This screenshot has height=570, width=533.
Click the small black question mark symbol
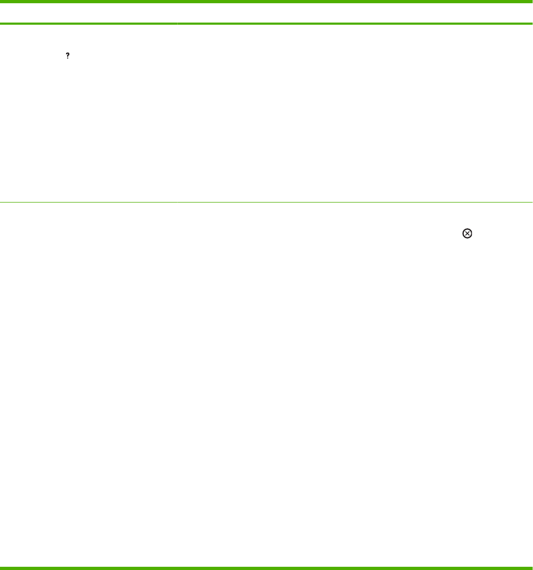(68, 56)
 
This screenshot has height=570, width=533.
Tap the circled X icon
(467, 233)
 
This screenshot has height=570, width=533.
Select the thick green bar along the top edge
(266, 2)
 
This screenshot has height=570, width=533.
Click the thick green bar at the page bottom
(266, 567)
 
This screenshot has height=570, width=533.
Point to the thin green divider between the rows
(266, 203)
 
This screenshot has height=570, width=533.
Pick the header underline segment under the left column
(88, 24)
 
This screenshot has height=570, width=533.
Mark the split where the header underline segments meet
(177, 24)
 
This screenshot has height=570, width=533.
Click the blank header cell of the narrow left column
(88, 13)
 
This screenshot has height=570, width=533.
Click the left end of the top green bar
(2, 2)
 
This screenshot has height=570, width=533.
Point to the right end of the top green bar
(531, 2)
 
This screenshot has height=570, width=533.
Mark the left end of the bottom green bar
(2, 567)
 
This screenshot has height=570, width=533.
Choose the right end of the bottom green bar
(531, 567)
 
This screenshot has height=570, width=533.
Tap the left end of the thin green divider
(2, 203)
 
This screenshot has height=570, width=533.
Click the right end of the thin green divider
(531, 203)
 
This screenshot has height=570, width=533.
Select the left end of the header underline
(2, 24)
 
